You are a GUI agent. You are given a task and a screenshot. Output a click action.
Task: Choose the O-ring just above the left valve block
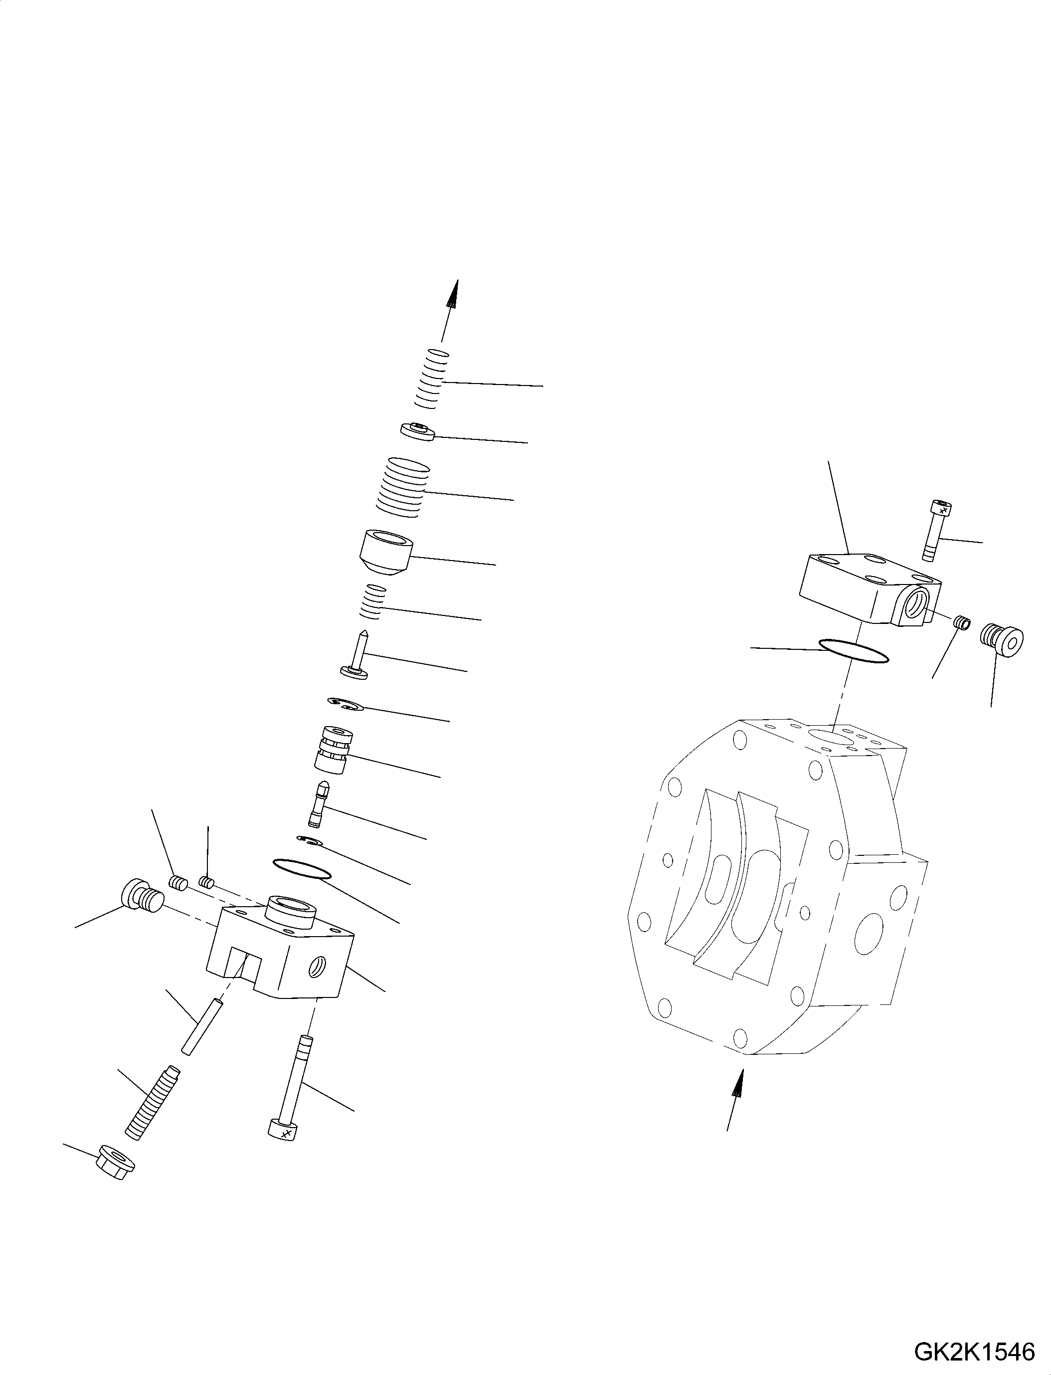coord(302,869)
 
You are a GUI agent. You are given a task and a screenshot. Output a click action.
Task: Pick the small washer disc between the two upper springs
coord(417,431)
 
